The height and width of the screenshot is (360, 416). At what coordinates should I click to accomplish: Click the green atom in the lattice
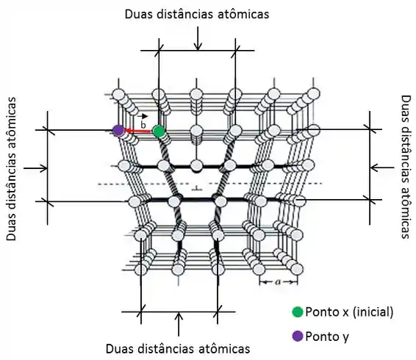click(159, 131)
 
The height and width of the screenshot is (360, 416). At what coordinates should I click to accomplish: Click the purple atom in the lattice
click(118, 130)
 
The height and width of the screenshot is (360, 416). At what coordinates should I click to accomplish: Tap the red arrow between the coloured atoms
click(138, 131)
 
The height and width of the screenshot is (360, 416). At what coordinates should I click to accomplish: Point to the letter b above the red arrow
click(143, 124)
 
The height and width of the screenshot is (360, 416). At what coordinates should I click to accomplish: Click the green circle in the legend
click(298, 312)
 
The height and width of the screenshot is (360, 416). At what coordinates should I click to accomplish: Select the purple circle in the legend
click(298, 336)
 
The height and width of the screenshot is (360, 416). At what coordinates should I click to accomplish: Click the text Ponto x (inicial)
click(349, 312)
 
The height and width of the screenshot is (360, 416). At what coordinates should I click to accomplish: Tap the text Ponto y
click(327, 337)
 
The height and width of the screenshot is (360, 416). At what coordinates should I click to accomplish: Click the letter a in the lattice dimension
click(278, 282)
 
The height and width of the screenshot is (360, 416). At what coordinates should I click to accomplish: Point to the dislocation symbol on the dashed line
click(197, 189)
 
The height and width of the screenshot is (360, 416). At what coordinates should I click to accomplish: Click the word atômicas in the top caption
click(243, 14)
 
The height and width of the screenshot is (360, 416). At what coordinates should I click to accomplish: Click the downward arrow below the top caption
click(198, 38)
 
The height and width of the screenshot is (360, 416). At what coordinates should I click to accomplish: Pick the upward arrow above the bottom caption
click(179, 324)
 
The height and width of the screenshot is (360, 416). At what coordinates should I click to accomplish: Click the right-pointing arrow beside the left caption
click(35, 168)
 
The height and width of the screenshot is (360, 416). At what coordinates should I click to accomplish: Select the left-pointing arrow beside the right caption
click(382, 168)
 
